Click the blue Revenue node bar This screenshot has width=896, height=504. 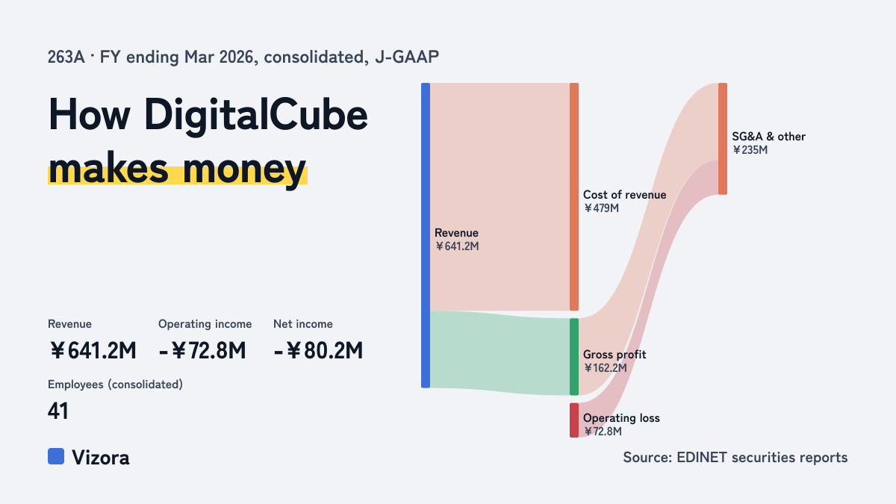[426, 235]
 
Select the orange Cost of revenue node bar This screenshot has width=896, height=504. [574, 197]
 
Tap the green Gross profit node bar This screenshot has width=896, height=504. [574, 357]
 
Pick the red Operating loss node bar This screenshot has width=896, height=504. [574, 420]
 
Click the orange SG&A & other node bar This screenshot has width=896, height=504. [723, 139]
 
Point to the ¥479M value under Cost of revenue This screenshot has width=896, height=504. [601, 208]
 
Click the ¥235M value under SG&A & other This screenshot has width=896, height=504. [750, 150]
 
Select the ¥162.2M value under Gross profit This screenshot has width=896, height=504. [606, 368]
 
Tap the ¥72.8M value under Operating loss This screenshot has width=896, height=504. [603, 432]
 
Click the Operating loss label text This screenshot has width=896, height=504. [621, 418]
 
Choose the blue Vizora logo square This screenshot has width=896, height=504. [56, 456]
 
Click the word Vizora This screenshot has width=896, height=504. [100, 458]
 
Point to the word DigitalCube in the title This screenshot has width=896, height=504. [256, 116]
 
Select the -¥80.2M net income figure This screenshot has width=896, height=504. [318, 351]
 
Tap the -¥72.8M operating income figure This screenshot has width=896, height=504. [202, 351]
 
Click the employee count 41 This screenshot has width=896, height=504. [58, 411]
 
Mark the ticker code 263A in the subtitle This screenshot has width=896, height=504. [66, 57]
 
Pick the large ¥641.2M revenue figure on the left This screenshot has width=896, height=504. [93, 351]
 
